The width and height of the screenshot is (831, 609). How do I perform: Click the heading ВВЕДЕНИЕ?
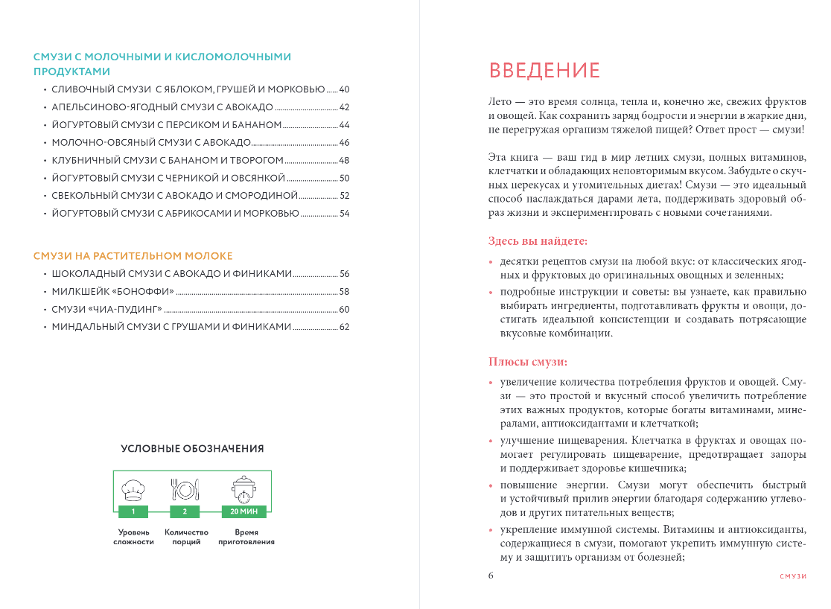544,71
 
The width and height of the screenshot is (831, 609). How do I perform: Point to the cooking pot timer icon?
243,489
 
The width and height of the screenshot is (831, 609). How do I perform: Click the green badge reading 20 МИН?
243,511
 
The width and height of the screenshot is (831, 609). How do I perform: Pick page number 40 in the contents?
344,89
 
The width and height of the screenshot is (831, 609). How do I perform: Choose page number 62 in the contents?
344,327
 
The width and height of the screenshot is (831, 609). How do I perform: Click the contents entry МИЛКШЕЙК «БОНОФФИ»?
112,291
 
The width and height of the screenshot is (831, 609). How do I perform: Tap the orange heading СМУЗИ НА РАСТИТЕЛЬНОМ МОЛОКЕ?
133,255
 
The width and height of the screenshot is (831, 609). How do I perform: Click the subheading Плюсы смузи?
528,363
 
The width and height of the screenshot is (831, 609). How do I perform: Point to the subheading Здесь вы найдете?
538,240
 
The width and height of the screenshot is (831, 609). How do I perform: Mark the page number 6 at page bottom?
491,575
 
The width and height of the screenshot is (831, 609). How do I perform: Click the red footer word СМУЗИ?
793,577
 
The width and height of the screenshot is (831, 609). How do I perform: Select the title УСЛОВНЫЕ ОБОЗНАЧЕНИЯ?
192,449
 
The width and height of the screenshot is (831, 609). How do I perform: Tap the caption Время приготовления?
246,538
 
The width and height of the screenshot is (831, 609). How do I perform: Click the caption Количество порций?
186,538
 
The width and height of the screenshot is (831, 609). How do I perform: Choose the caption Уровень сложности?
134,538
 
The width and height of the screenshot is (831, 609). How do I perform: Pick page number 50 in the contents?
344,178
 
